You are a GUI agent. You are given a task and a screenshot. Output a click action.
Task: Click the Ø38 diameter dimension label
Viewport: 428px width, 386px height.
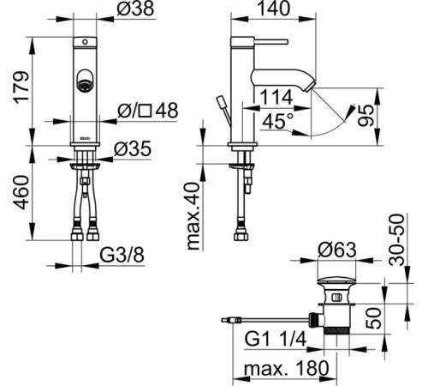[135, 9]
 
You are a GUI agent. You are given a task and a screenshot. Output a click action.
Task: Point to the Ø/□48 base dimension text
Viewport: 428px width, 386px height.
[148, 110]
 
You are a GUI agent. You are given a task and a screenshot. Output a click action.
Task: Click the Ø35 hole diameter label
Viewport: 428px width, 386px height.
[133, 149]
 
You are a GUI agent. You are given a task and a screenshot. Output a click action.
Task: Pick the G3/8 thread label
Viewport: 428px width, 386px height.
[122, 255]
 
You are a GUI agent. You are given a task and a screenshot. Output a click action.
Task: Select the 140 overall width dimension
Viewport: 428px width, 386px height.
[273, 9]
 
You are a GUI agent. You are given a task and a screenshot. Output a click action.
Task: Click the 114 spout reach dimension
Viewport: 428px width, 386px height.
[276, 97]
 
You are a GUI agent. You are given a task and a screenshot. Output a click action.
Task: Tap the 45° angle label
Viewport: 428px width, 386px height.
[274, 121]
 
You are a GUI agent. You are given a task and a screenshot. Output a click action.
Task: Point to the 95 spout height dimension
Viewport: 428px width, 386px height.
[366, 116]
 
